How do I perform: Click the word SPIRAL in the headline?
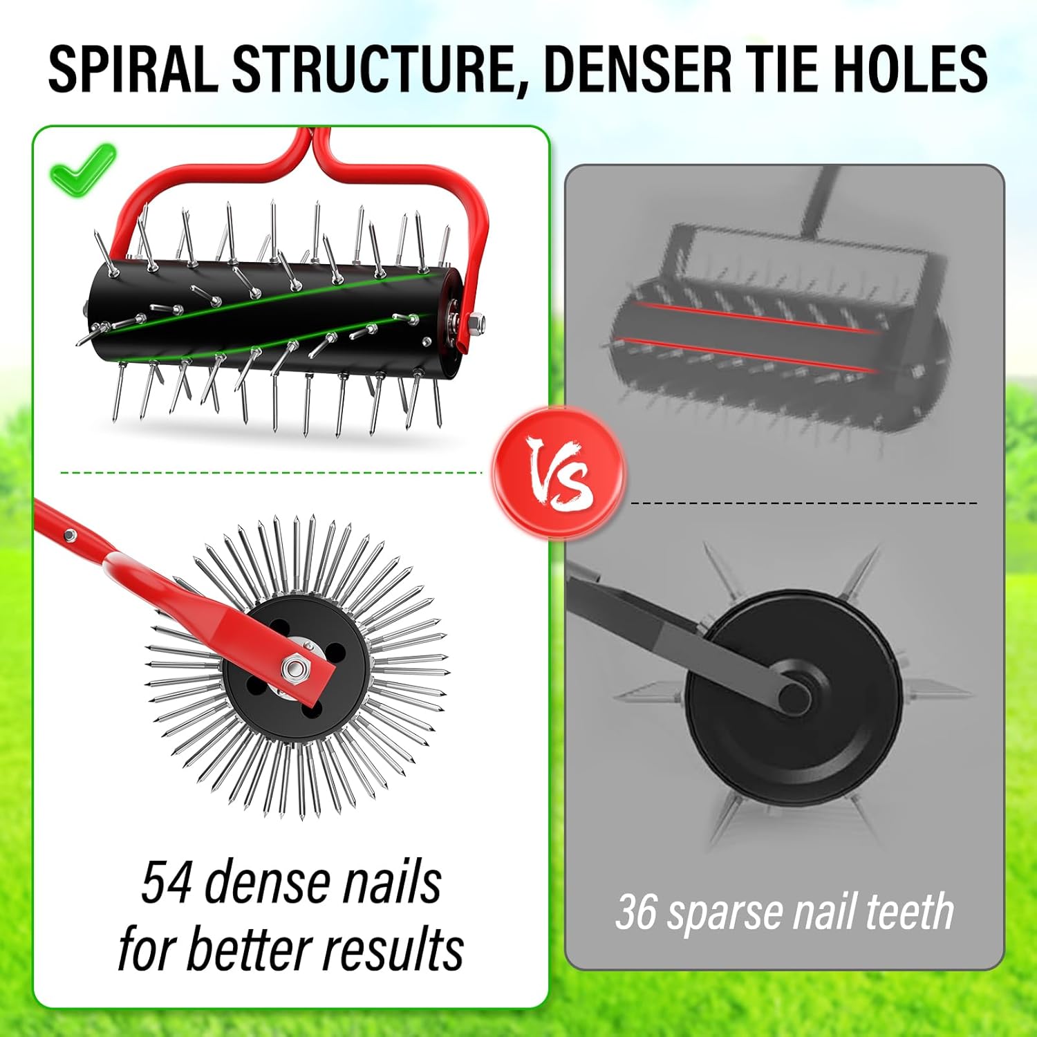click(131, 69)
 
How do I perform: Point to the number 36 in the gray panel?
click(635, 912)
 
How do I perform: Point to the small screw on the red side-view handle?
click(69, 534)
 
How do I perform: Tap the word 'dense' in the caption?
click(265, 883)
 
